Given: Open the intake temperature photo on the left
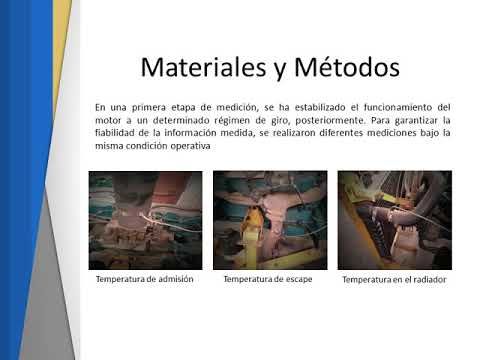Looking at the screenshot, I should (x=145, y=220).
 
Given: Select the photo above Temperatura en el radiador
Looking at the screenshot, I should (x=393, y=220).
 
